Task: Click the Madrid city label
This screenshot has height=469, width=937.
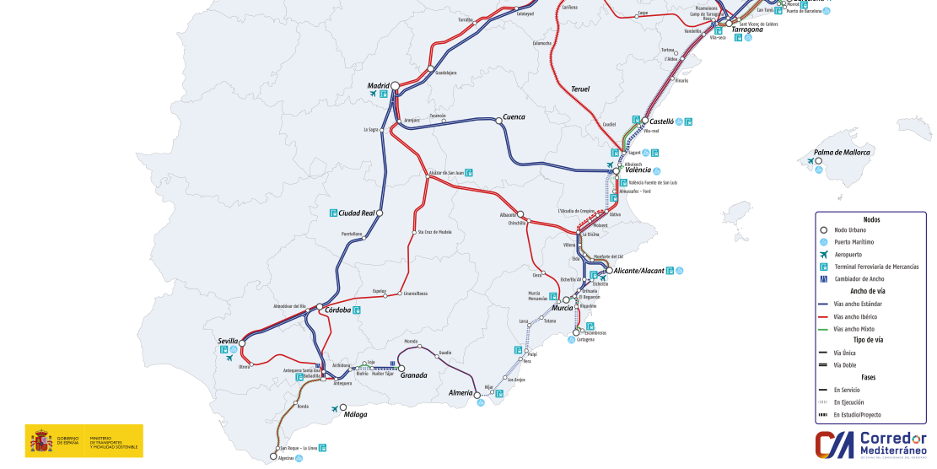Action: (378, 86)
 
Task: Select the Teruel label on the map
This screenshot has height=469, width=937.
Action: (580, 89)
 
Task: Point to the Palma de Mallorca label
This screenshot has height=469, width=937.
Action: (841, 153)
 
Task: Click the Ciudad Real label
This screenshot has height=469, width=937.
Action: (356, 213)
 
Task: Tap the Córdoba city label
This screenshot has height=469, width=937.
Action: (337, 310)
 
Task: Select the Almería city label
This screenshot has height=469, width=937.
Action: (460, 393)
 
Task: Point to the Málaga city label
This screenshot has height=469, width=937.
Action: (355, 414)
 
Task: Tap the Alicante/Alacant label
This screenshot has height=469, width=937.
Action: (638, 271)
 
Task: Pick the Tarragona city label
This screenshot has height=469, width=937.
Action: (746, 30)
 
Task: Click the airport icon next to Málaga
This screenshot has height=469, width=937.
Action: (335, 410)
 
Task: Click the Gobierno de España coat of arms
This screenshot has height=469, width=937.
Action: (40, 441)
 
